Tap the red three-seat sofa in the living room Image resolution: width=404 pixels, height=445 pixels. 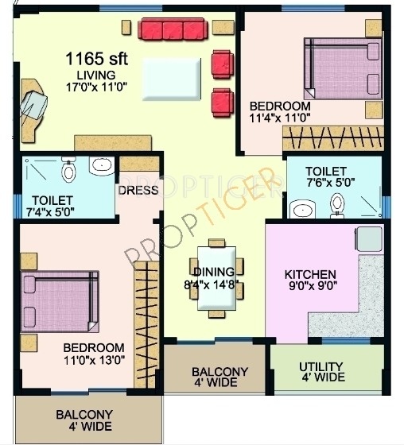click(x=173, y=30)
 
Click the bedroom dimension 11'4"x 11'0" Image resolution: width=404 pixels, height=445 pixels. click(x=279, y=118)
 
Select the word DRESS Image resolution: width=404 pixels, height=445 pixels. click(x=138, y=191)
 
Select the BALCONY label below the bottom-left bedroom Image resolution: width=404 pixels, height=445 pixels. click(x=84, y=415)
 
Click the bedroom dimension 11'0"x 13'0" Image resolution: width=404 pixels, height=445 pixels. click(x=93, y=360)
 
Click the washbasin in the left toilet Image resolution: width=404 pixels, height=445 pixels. click(x=101, y=167)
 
